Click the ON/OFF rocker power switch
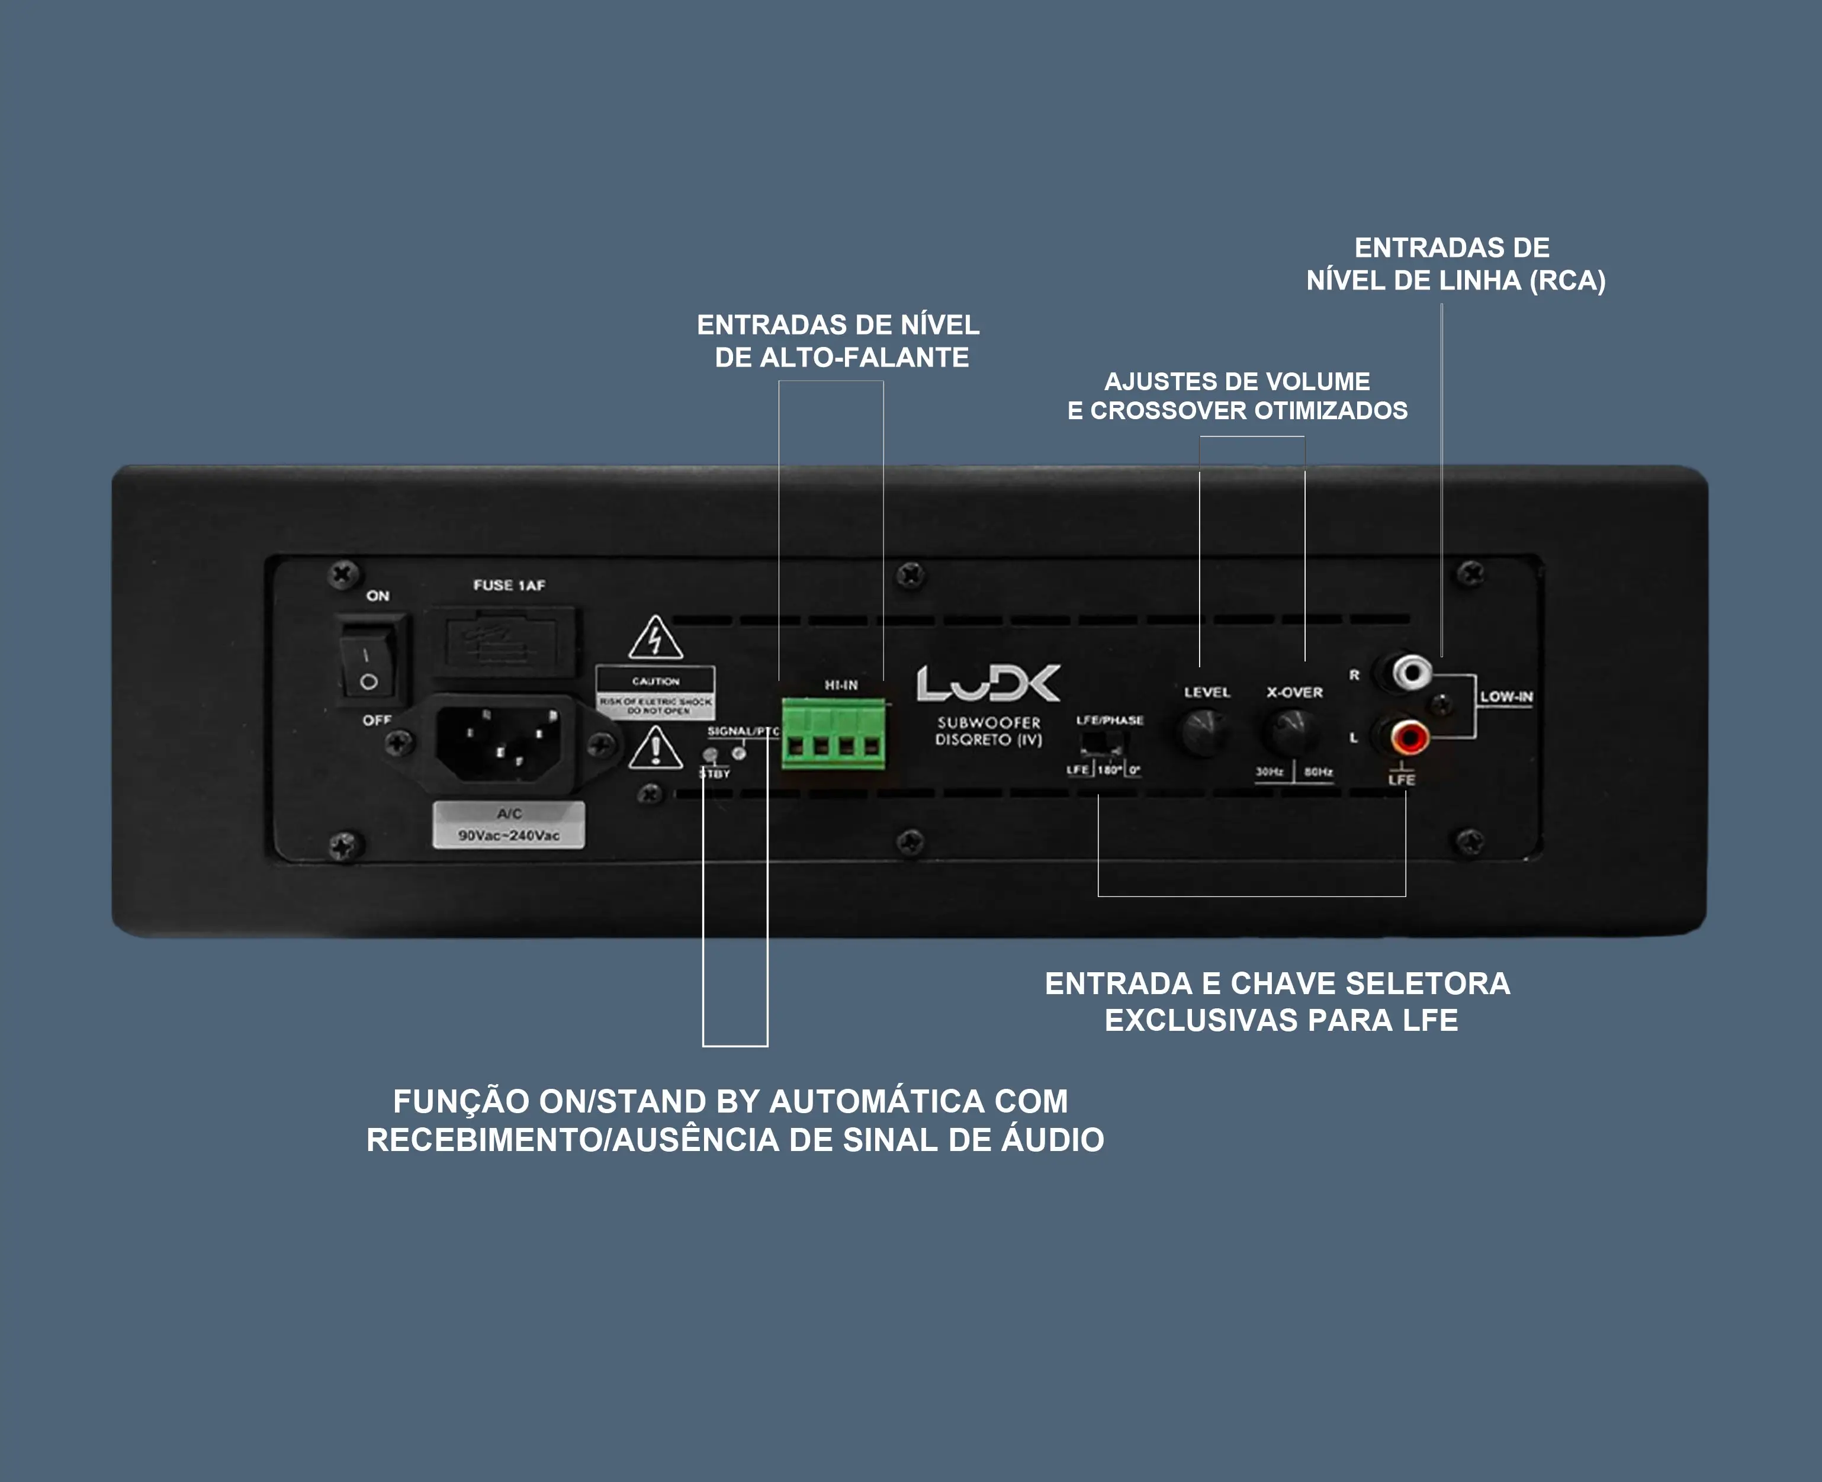(x=369, y=659)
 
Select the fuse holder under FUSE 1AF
(x=502, y=640)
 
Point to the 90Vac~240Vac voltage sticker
(x=509, y=825)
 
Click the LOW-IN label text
(x=1506, y=697)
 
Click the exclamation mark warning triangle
(x=655, y=748)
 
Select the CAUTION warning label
(x=655, y=692)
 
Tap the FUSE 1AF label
(x=509, y=585)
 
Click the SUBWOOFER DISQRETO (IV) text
(x=989, y=731)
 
